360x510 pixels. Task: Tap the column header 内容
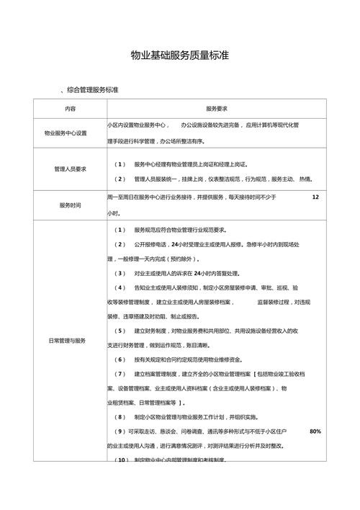70,109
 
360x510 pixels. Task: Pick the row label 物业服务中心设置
70,133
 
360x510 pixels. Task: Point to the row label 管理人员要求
70,170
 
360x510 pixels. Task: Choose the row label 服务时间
70,205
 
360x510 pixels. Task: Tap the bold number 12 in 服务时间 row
315,197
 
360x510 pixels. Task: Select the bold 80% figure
315,431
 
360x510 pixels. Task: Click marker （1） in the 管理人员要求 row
120,164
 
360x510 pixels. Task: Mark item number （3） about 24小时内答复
120,274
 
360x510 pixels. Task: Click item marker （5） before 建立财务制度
120,330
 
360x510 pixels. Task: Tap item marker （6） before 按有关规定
120,358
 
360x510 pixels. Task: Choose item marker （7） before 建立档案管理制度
120,374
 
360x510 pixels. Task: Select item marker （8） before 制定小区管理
120,416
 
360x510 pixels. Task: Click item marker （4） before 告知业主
120,288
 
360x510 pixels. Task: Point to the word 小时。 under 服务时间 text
114,213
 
